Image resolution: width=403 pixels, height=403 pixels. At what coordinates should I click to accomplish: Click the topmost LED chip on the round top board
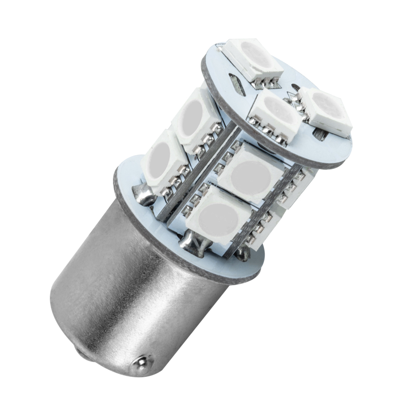pyautogui.click(x=253, y=58)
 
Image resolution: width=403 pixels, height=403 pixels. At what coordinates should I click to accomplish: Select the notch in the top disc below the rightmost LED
pyautogui.click(x=319, y=135)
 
